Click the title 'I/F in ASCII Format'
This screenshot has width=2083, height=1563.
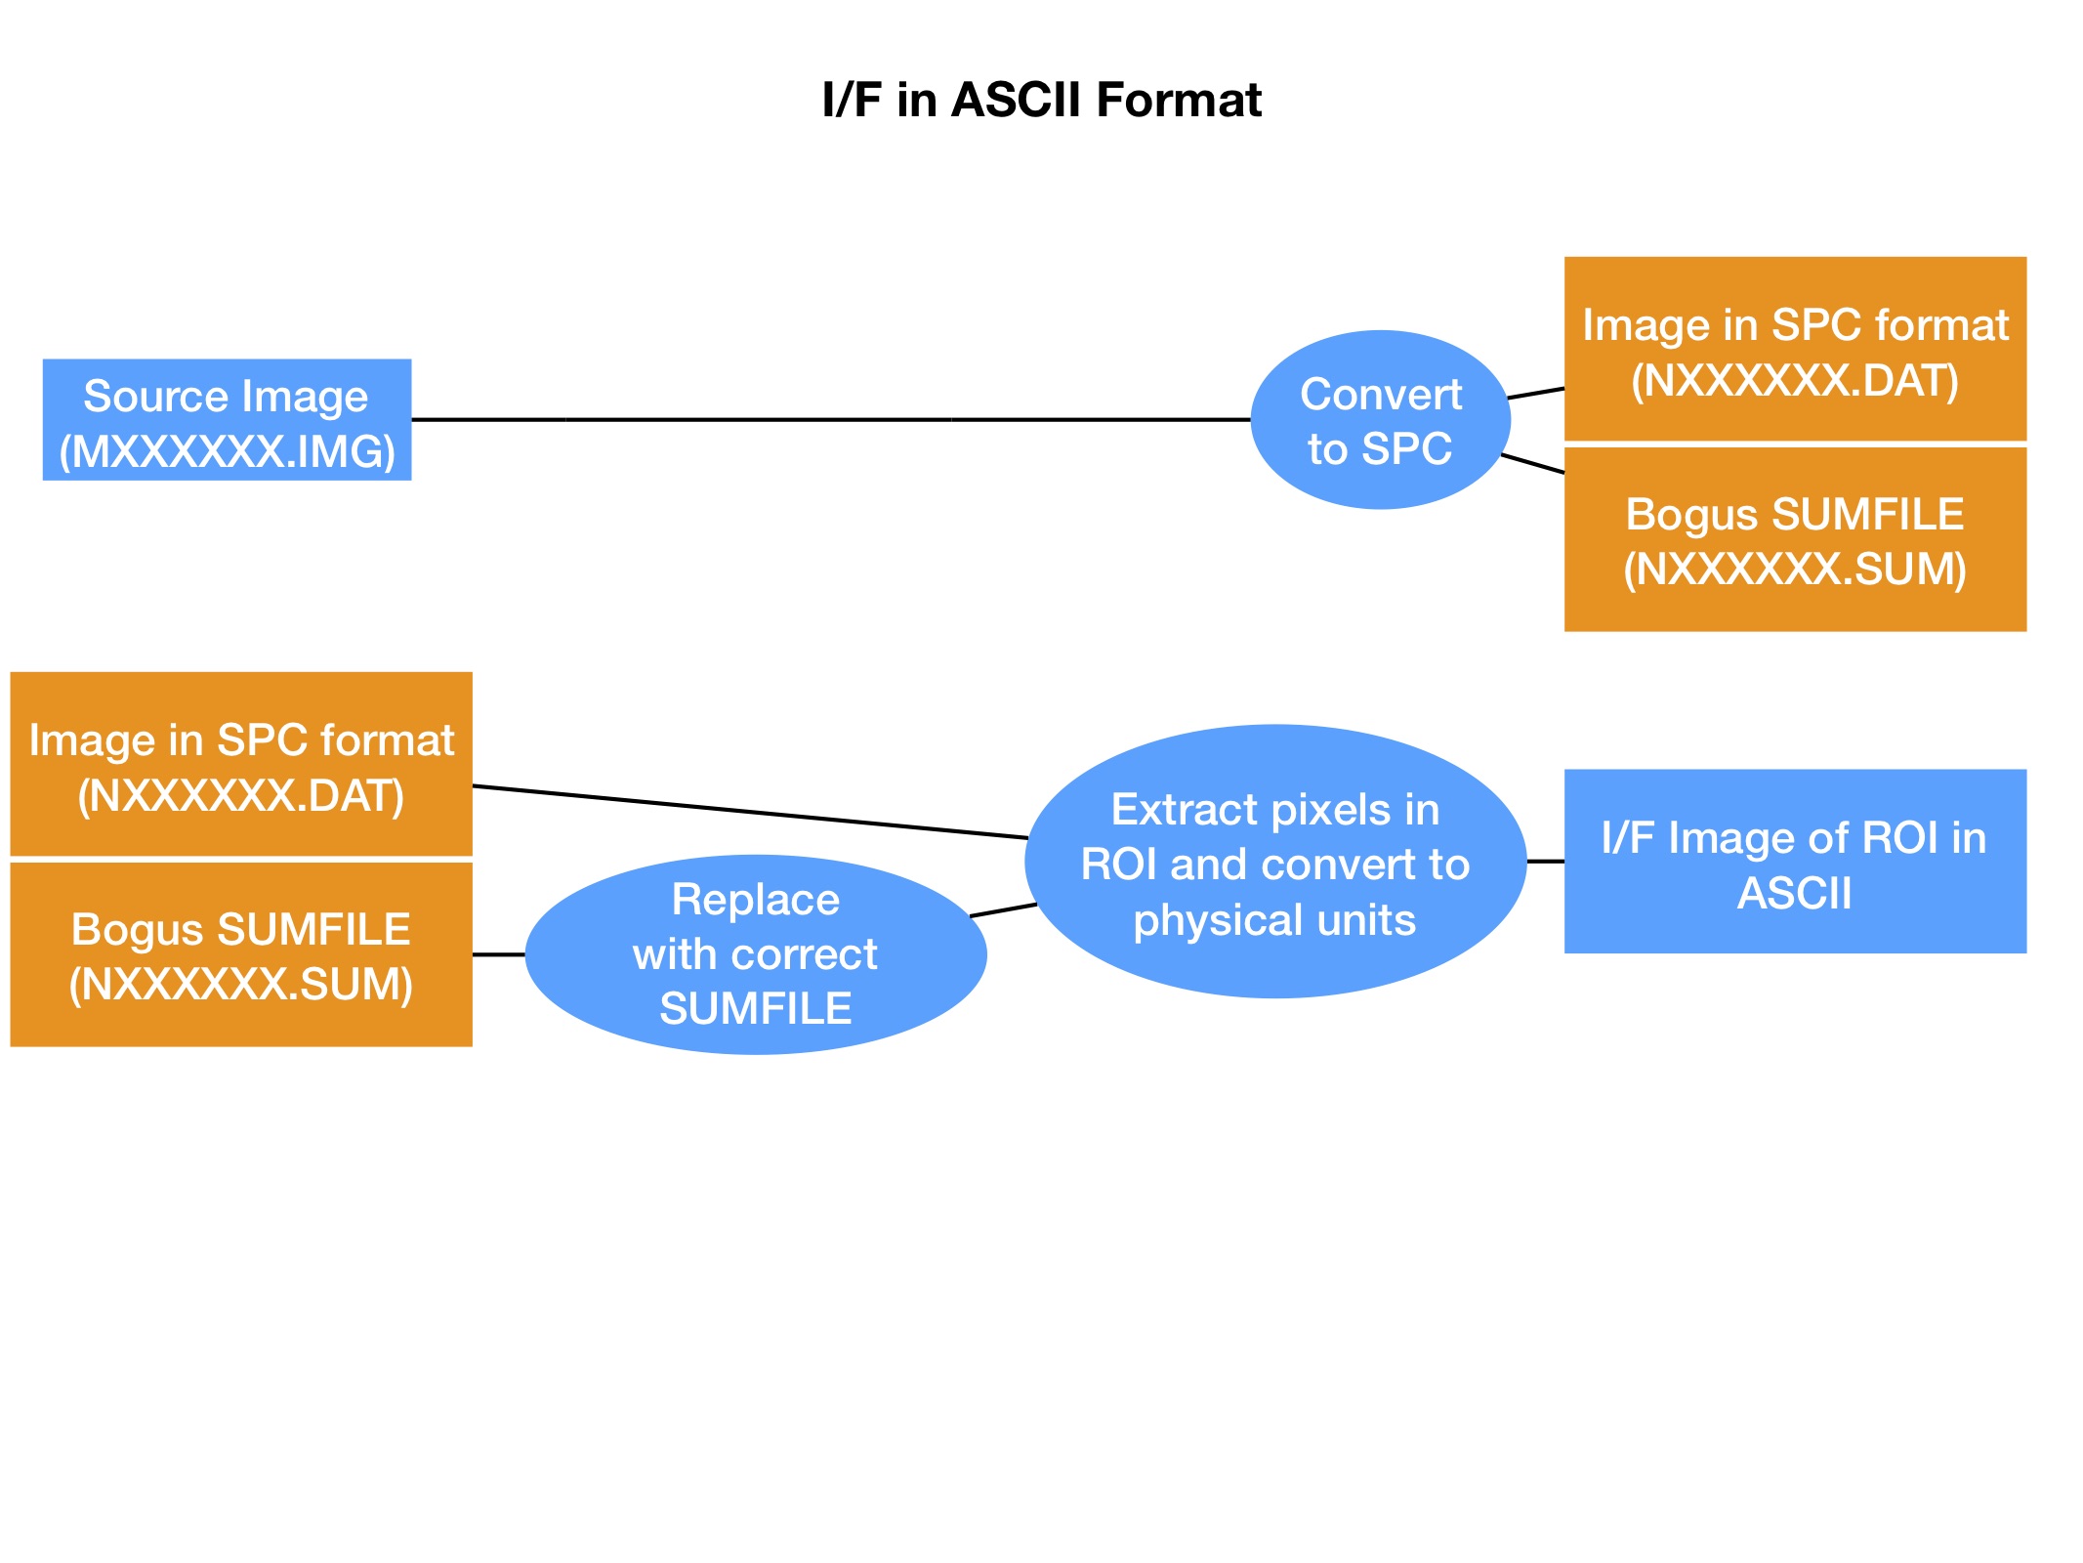click(1041, 100)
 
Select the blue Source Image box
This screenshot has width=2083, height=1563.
click(227, 420)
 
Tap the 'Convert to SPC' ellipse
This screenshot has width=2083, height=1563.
click(1380, 420)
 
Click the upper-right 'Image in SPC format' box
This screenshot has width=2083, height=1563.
click(1795, 349)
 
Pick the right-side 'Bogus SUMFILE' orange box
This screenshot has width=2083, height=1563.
click(1795, 540)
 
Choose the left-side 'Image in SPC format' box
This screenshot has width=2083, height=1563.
click(241, 765)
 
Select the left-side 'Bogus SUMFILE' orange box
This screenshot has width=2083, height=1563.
click(241, 954)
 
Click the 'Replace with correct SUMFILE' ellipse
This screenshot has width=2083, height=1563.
click(755, 954)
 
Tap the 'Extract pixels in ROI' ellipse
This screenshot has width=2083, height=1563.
click(1274, 862)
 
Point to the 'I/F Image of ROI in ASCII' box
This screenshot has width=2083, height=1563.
click(1795, 862)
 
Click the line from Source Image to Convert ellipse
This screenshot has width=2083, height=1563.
click(830, 420)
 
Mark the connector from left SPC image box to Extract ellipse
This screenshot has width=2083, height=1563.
click(750, 812)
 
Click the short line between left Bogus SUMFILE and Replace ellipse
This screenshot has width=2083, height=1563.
click(499, 954)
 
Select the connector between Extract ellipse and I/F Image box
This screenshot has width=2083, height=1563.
click(1545, 862)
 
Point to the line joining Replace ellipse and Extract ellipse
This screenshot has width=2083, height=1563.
click(1003, 910)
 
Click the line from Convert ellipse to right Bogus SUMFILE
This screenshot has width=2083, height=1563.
click(1532, 464)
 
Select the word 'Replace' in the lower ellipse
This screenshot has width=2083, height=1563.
click(755, 900)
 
